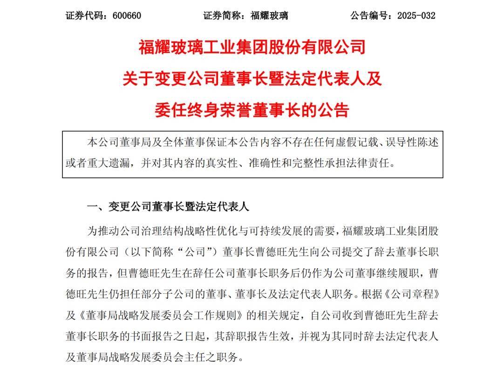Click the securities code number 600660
[x=127, y=15]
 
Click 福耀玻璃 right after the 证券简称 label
[x=269, y=15]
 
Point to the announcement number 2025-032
[x=416, y=15]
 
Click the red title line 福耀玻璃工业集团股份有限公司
[x=252, y=47]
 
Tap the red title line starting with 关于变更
[x=252, y=78]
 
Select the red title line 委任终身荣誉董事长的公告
[x=252, y=110]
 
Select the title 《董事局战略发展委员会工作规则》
[x=160, y=316]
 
